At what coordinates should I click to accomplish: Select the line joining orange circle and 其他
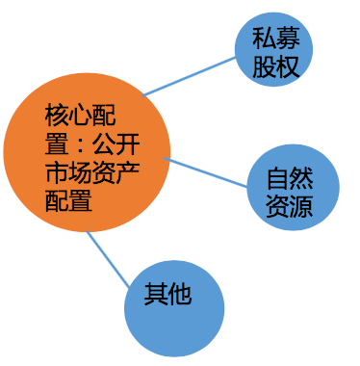tap(108, 260)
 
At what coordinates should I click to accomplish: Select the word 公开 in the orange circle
tap(117, 145)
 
